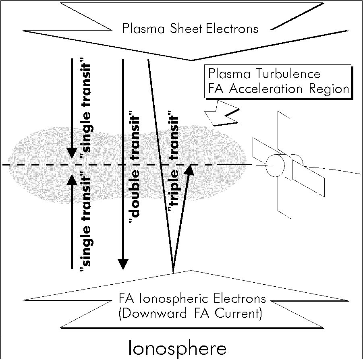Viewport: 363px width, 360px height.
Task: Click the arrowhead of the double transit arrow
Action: [123, 263]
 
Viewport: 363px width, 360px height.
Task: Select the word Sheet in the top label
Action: [189, 29]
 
